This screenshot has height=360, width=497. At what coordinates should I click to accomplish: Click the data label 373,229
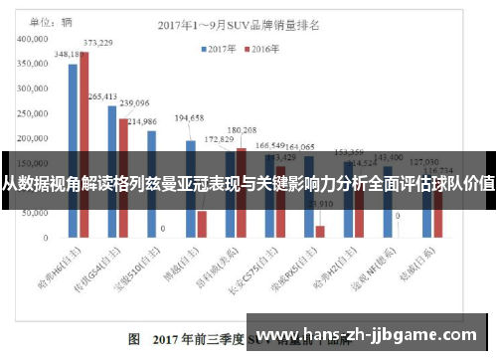(97, 43)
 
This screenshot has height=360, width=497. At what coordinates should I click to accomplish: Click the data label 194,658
(189, 117)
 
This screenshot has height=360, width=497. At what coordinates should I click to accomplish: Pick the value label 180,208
(242, 130)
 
